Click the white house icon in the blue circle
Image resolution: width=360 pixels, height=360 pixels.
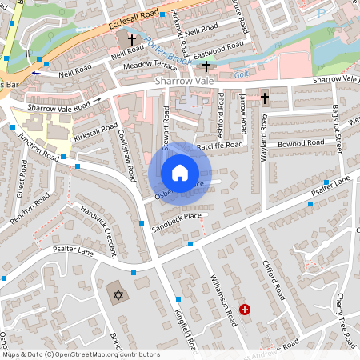[180, 173]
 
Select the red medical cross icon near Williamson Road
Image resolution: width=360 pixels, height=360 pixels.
[245, 309]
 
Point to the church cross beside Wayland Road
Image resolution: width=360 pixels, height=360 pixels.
[264, 98]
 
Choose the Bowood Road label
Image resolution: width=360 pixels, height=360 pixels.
[302, 142]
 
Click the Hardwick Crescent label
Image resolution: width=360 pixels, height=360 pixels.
[98, 224]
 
